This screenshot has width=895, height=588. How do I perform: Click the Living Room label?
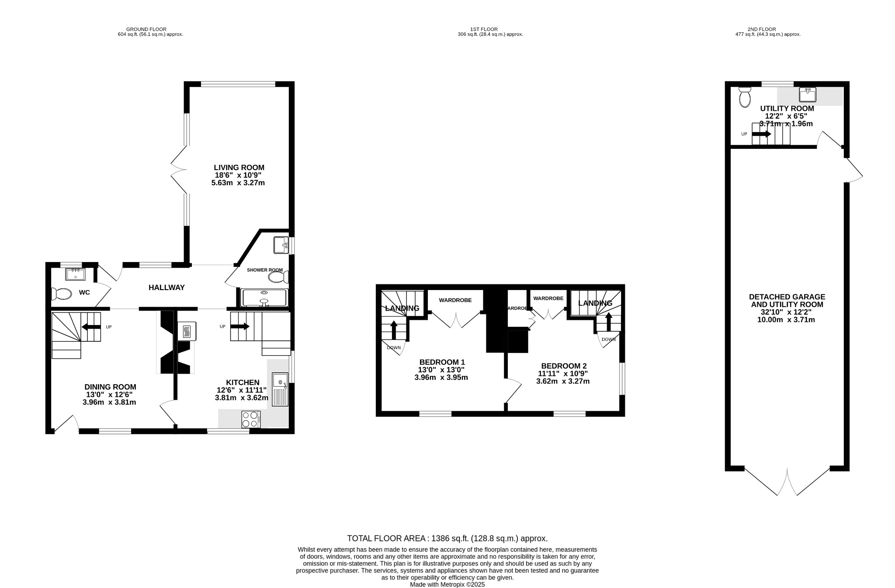click(x=239, y=168)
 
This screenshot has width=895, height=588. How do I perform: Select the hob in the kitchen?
click(x=251, y=419)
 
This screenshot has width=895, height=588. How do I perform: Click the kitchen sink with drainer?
click(x=280, y=389)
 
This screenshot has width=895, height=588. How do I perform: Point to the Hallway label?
click(x=167, y=287)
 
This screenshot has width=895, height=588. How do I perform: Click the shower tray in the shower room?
click(x=264, y=297)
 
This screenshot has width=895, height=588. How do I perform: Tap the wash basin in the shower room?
click(x=280, y=245)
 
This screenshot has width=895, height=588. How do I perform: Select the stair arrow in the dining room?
click(x=90, y=327)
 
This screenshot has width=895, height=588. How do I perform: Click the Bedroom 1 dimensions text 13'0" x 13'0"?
click(x=441, y=370)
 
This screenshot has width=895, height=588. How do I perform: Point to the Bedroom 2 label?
click(x=563, y=366)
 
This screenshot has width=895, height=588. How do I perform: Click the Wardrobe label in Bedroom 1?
click(x=455, y=300)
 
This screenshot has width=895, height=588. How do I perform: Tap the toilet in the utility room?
click(x=744, y=97)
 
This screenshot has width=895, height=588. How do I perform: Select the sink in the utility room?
click(x=808, y=94)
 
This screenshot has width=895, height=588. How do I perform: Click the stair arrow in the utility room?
click(x=762, y=134)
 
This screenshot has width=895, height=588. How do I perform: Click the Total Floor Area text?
click(x=447, y=539)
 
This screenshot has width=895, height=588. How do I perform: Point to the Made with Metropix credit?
click(x=447, y=584)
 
